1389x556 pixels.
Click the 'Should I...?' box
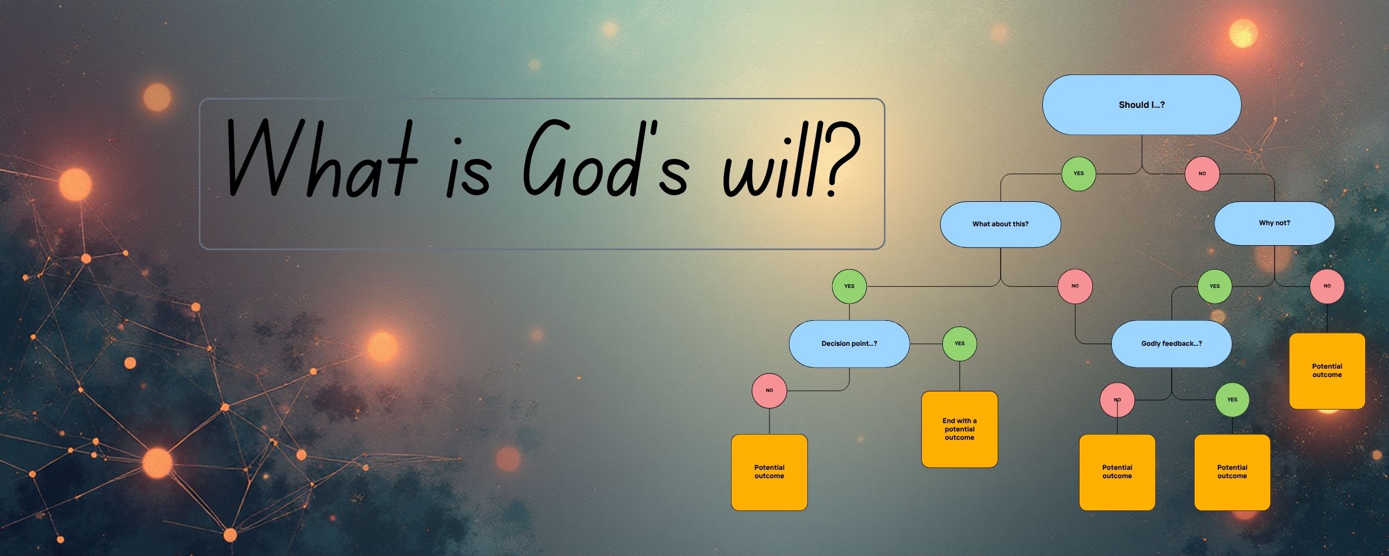point(1142,105)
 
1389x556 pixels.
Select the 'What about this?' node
point(1000,224)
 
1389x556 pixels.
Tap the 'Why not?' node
point(1275,223)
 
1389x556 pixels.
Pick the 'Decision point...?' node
point(849,344)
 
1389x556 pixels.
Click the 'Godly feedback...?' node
point(1172,344)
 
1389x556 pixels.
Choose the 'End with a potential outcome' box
point(960,429)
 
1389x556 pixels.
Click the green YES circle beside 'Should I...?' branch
point(1078,173)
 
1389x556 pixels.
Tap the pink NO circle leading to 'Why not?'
point(1202,173)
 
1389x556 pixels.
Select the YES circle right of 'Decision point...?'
point(960,344)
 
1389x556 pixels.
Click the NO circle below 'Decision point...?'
point(770,390)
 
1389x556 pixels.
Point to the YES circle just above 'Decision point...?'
point(850,286)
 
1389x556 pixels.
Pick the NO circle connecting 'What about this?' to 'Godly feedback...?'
point(1075,286)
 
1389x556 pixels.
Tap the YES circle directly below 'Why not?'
point(1215,286)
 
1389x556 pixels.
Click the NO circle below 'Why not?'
point(1327,286)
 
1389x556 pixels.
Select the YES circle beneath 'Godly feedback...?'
point(1232,400)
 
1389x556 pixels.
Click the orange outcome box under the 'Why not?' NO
point(1327,371)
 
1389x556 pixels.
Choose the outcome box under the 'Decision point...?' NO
point(770,472)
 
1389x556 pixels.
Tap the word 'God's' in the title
point(606,158)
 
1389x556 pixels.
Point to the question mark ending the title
point(840,160)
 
